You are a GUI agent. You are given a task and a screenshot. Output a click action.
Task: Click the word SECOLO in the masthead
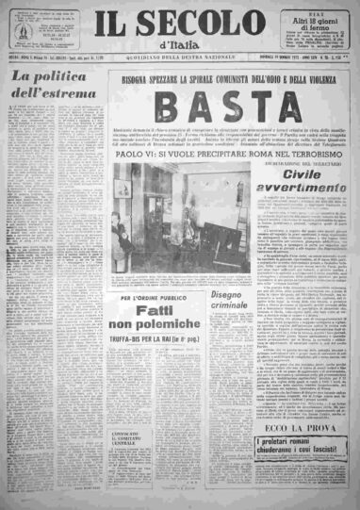(194, 26)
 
